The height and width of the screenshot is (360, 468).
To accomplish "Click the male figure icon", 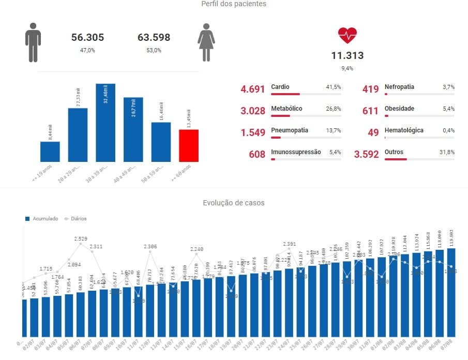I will pos(33,42).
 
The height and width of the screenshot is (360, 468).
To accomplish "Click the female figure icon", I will pos(206,42).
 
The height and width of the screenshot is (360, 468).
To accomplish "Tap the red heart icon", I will pos(348,36).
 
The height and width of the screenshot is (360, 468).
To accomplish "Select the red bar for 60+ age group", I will pos(189,145).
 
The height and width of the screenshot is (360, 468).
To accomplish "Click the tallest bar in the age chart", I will pos(105,123).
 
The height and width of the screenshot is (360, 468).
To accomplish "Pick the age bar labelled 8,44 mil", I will pos(50,152).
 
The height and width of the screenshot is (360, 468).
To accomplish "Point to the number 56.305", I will pos(87,37).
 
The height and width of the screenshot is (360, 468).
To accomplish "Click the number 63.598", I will pos(154,37).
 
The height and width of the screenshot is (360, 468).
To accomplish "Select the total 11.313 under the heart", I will pos(348,56).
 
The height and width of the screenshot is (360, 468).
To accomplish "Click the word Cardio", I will pos(280,87).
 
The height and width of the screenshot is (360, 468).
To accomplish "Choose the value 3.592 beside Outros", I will pos(366,154).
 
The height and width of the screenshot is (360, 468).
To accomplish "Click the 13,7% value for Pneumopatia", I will pos(333,130).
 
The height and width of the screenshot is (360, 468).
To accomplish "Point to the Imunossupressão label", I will pos(296,152).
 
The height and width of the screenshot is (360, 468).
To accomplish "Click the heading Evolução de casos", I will pos(234,203).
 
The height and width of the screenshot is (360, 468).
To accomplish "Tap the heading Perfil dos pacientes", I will pos(234,4).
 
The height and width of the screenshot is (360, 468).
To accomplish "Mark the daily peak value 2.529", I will pos(81,239).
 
